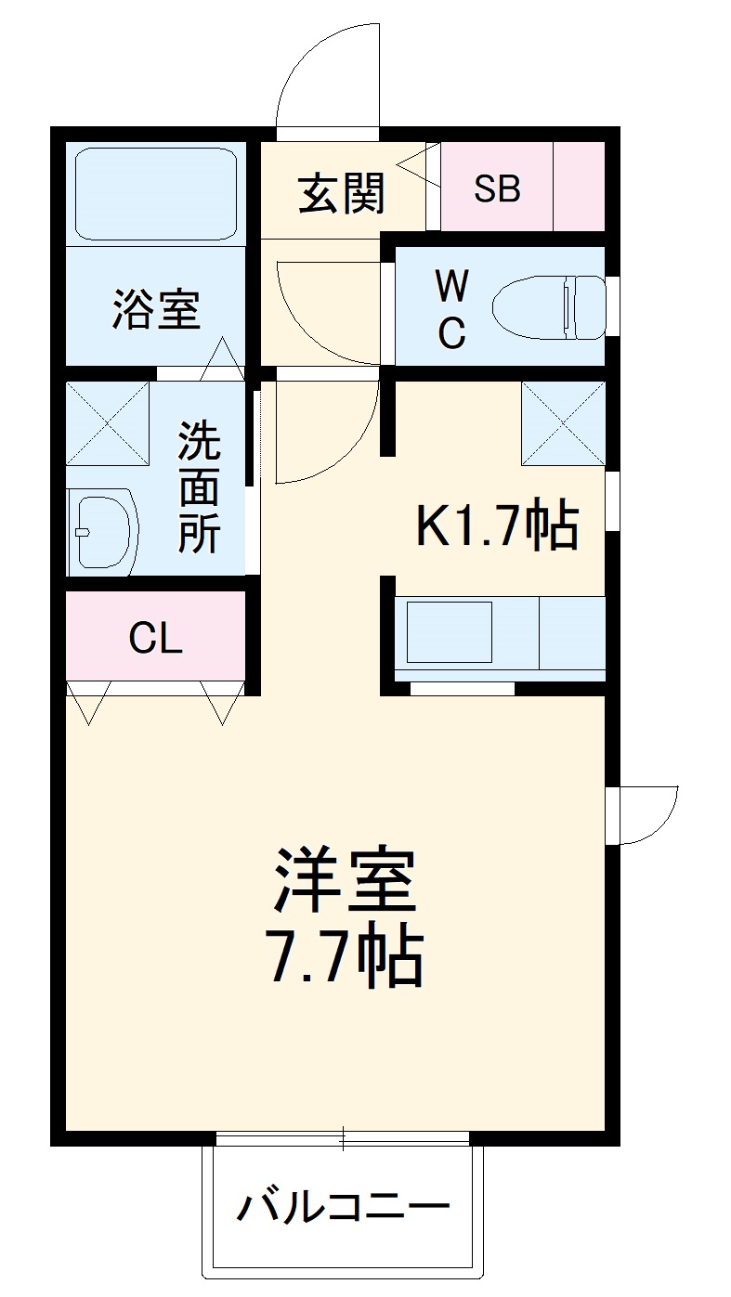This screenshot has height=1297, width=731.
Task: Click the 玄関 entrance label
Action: click(341, 193)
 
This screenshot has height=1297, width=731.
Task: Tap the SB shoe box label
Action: click(497, 189)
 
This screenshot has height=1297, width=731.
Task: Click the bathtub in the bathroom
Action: click(155, 193)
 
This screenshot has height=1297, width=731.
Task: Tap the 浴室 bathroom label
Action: click(156, 309)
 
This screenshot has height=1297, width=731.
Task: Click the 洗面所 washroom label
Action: click(200, 487)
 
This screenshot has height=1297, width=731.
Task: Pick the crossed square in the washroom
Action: click(108, 423)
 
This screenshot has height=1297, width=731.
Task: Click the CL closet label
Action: click(155, 638)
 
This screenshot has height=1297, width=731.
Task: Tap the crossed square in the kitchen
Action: click(563, 423)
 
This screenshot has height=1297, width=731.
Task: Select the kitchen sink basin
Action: click(449, 632)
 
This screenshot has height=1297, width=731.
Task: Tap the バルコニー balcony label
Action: click(343, 1208)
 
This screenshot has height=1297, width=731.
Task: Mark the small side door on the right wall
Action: click(646, 815)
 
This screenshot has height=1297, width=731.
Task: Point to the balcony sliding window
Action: click(343, 1138)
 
